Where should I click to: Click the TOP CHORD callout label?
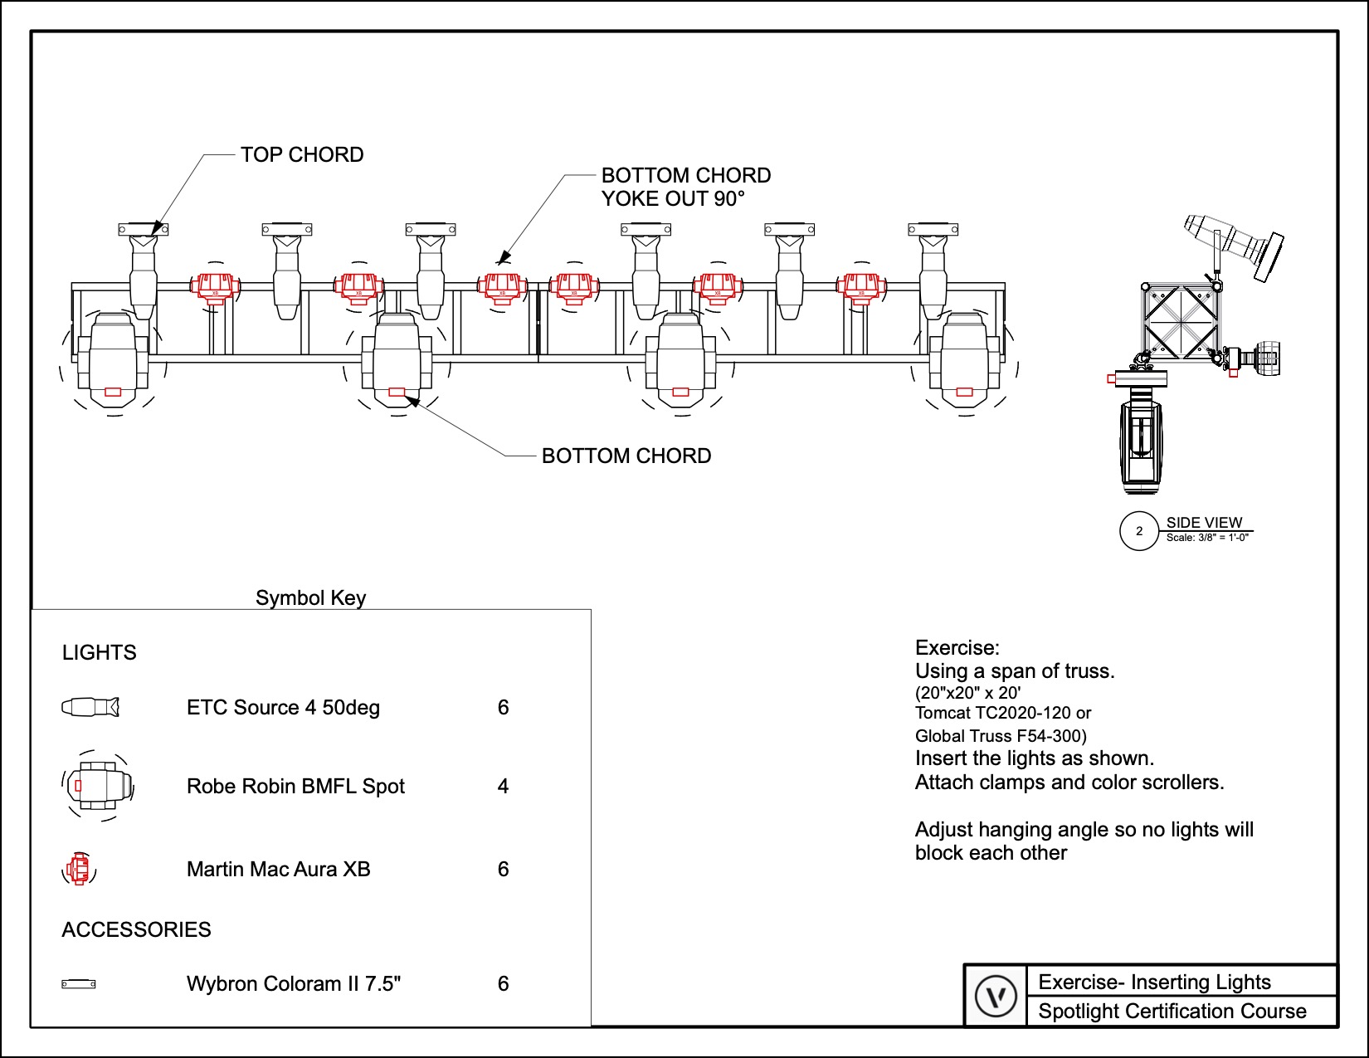click(x=302, y=155)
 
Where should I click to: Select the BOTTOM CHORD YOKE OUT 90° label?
click(x=685, y=187)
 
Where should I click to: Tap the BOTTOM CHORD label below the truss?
click(x=626, y=456)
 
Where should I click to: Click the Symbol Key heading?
click(x=310, y=598)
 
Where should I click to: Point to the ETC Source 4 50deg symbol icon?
click(x=90, y=707)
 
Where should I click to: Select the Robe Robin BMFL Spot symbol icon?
click(x=98, y=785)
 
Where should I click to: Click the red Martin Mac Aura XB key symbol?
click(x=79, y=869)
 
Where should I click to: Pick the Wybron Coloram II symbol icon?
click(x=79, y=984)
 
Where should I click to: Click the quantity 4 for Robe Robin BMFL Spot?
click(x=503, y=787)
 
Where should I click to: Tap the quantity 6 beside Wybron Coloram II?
click(x=503, y=984)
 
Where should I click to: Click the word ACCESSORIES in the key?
click(x=137, y=930)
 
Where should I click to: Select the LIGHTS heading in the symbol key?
click(x=100, y=653)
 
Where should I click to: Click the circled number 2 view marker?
click(x=1139, y=531)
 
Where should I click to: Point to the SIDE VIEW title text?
click(x=1204, y=522)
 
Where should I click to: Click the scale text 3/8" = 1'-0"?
click(x=1207, y=538)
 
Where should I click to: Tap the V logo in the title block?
click(x=996, y=996)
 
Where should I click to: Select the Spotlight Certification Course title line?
click(x=1172, y=1012)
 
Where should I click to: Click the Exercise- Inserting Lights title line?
click(x=1154, y=982)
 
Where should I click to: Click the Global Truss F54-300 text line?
click(x=1001, y=736)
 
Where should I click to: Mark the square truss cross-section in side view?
click(x=1181, y=321)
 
